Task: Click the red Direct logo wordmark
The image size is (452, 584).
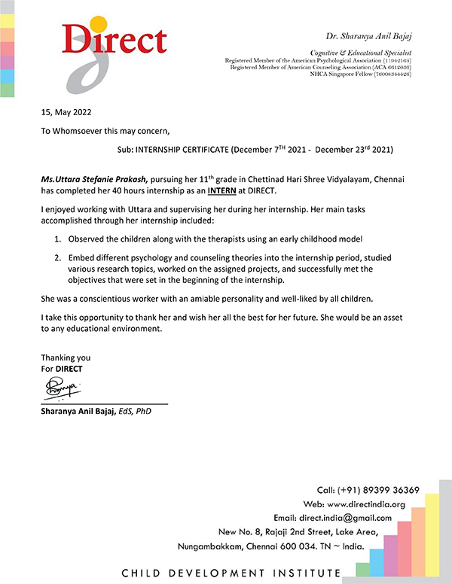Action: click(x=115, y=40)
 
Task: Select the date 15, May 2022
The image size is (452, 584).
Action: click(x=68, y=113)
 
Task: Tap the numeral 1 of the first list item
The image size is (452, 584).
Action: click(x=57, y=239)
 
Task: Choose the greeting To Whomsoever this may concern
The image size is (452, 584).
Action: click(x=111, y=130)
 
